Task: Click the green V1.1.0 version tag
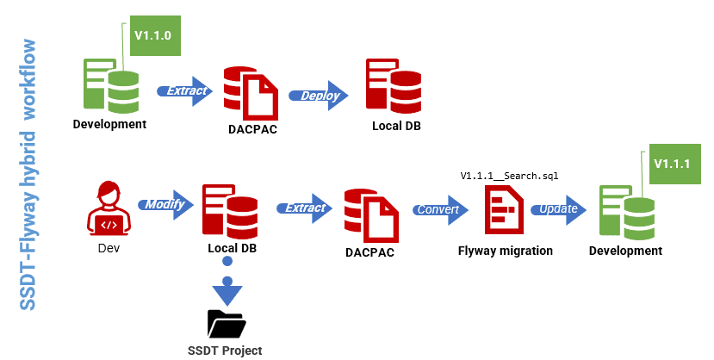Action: tap(152, 37)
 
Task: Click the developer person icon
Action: tap(109, 209)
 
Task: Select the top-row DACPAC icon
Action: tap(251, 92)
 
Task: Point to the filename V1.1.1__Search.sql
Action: tap(509, 176)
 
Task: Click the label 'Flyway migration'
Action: tap(505, 251)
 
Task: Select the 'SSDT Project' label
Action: tap(225, 351)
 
